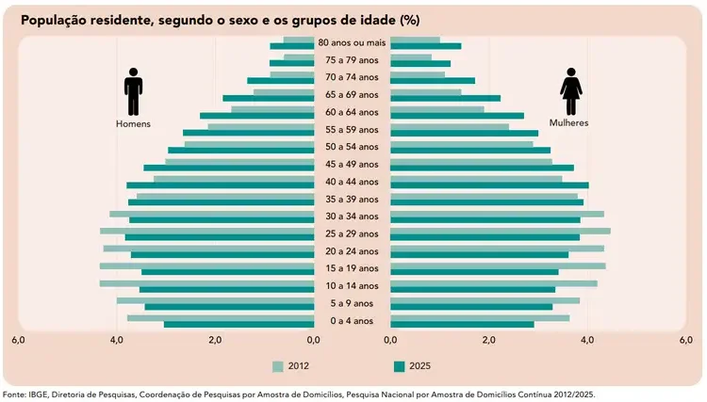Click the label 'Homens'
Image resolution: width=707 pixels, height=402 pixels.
pyautogui.click(x=133, y=123)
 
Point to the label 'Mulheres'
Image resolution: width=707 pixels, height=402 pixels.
pyautogui.click(x=569, y=123)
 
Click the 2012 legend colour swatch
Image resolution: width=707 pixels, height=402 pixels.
pyautogui.click(x=277, y=366)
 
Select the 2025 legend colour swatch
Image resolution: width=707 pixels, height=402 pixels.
pyautogui.click(x=399, y=366)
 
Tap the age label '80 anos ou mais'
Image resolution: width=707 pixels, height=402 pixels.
pyautogui.click(x=352, y=42)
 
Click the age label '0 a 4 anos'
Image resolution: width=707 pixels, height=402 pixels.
pyautogui.click(x=352, y=321)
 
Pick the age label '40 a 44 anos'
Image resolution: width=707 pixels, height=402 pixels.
pyautogui.click(x=352, y=182)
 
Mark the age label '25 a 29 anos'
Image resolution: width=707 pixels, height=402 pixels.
pyautogui.click(x=352, y=233)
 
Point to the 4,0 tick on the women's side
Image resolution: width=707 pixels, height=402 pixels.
pyautogui.click(x=587, y=341)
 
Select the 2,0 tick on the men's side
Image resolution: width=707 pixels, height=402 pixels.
pyautogui.click(x=215, y=341)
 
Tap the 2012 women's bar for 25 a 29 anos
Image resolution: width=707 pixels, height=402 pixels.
pyautogui.click(x=500, y=230)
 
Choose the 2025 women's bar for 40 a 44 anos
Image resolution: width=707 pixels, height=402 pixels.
pyautogui.click(x=489, y=185)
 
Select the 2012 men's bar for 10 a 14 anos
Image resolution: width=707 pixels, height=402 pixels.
pyautogui.click(x=206, y=282)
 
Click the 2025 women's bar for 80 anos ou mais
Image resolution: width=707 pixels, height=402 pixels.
pyautogui.click(x=426, y=46)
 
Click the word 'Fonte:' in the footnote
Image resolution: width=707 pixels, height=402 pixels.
pyautogui.click(x=16, y=394)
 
